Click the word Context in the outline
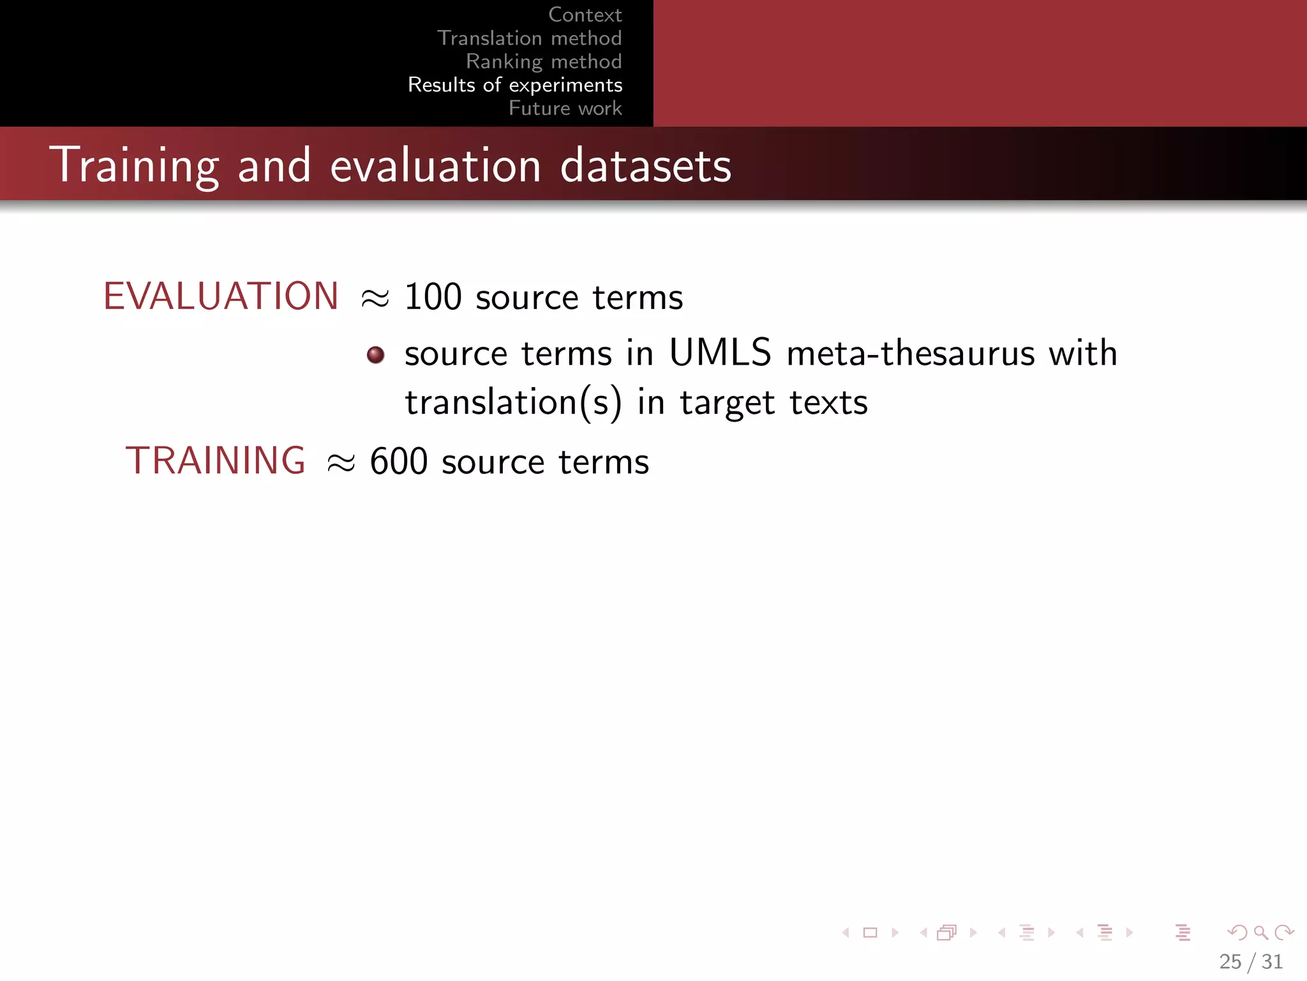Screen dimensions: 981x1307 tap(585, 15)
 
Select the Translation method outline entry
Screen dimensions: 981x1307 tap(529, 38)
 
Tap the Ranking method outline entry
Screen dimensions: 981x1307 tap(544, 61)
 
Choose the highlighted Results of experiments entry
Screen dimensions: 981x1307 tap(515, 85)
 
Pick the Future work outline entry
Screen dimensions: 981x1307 tap(565, 108)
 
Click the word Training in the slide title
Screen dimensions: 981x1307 tap(135, 165)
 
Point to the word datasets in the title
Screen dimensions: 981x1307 tap(645, 165)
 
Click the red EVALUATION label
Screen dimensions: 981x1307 tap(221, 296)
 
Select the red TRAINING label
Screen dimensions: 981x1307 tap(216, 460)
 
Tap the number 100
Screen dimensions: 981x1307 tap(433, 297)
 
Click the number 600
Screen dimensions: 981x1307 tap(398, 461)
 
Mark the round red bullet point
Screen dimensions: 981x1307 tap(376, 354)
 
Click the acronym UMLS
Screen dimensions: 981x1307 tap(720, 353)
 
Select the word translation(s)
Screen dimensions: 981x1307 tap(513, 403)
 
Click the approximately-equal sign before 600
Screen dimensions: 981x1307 tap(341, 462)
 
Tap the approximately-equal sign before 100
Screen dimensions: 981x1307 tap(375, 298)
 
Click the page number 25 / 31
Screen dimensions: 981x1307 tap(1250, 961)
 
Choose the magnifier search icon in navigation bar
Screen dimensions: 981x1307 tap(1260, 933)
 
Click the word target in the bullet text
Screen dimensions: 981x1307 tap(727, 403)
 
